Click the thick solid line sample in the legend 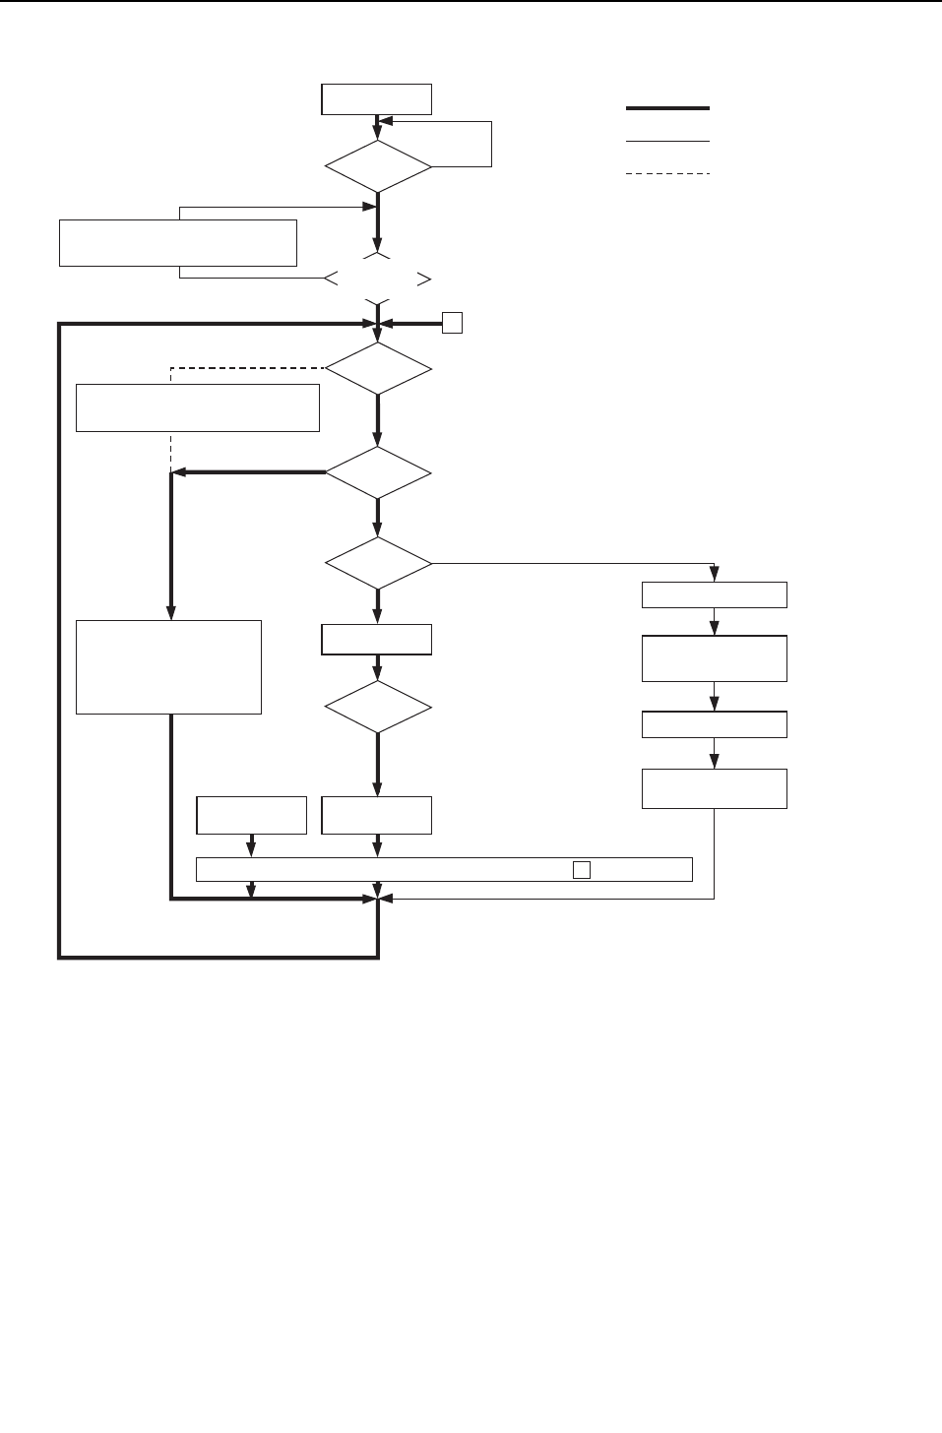667,108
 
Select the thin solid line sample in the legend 667,142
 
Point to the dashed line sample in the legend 667,174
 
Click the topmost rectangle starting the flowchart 376,99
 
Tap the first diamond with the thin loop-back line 378,166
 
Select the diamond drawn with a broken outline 378,279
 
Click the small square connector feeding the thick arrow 452,323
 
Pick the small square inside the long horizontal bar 582,870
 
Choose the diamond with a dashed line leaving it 378,369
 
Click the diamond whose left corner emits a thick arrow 378,473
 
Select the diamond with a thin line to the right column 378,564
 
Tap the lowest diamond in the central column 378,708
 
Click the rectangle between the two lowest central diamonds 376,640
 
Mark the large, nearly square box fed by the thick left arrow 168,666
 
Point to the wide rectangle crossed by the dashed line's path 197,407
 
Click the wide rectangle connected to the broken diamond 177,242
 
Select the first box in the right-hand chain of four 714,595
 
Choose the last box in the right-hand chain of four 714,788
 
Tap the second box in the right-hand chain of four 714,658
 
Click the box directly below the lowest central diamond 376,815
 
